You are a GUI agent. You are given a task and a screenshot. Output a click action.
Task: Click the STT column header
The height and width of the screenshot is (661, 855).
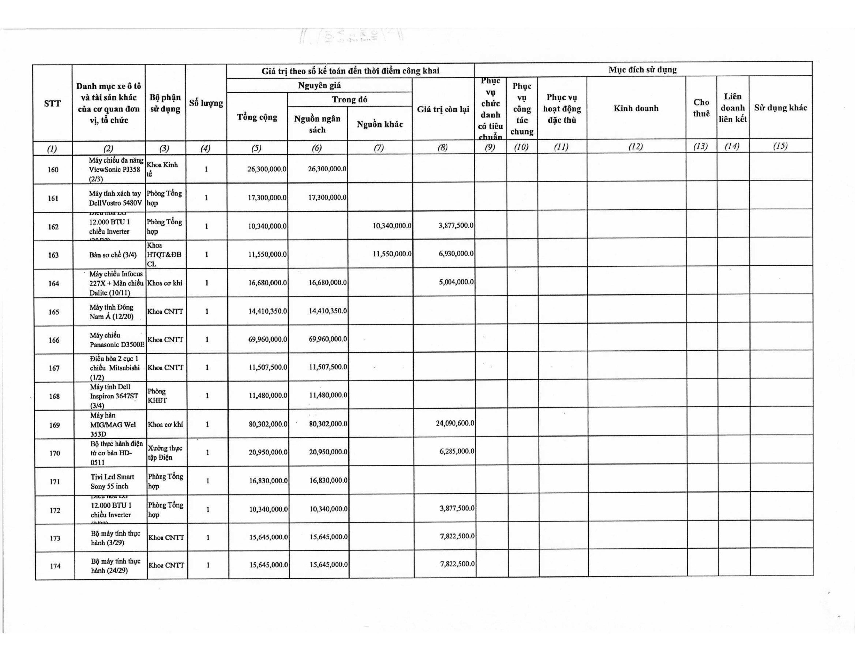point(52,103)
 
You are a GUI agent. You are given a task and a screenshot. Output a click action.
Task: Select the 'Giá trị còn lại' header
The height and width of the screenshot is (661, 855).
point(443,109)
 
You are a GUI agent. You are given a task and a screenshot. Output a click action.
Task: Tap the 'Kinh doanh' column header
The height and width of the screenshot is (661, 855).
point(636,108)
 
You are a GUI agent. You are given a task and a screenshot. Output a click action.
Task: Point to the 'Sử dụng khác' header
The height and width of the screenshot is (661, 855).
point(780,108)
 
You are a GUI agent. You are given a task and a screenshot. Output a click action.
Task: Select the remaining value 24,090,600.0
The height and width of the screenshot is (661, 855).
point(455,423)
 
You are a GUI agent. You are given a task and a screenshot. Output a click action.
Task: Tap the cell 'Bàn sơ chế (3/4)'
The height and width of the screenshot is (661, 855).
point(113,255)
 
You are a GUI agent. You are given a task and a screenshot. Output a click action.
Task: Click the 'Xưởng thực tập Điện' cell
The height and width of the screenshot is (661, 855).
point(165,453)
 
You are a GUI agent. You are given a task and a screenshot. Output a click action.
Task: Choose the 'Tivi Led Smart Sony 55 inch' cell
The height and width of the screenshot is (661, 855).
point(112,481)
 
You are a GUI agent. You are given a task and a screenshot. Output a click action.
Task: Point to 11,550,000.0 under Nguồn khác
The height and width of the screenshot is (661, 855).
point(392,254)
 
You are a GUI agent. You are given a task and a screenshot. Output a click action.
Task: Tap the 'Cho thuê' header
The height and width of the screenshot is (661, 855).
point(701,108)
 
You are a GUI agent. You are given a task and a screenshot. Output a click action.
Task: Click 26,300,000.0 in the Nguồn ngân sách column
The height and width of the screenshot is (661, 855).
point(327,169)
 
